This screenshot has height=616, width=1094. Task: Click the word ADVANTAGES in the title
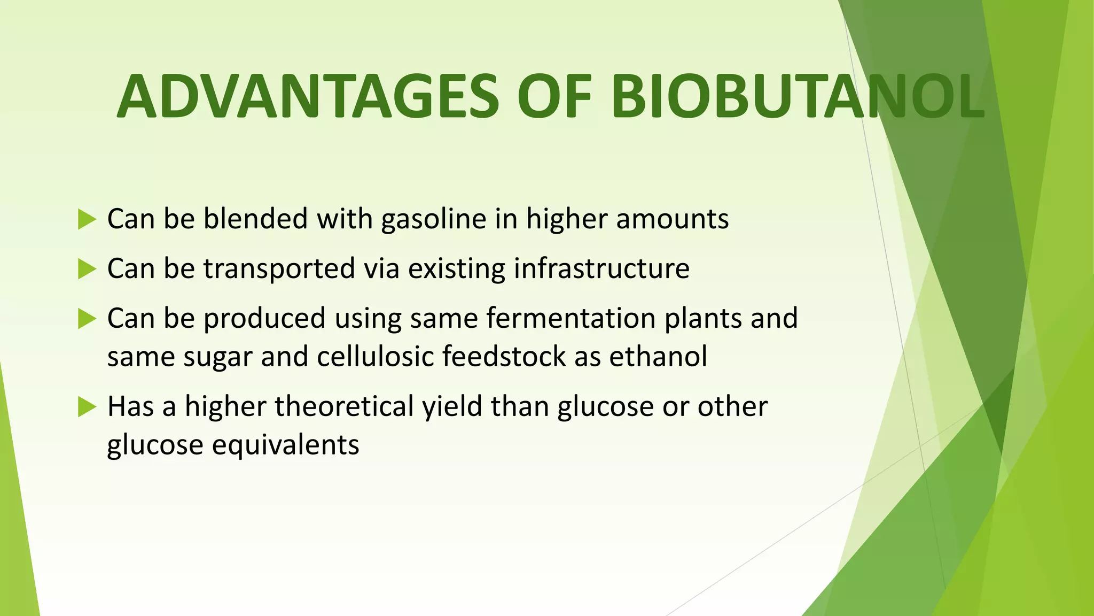(x=307, y=97)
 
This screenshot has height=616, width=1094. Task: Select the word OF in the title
(x=554, y=97)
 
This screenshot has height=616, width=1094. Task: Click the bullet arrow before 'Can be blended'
(x=87, y=219)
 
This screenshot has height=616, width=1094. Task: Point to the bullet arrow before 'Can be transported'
(x=87, y=269)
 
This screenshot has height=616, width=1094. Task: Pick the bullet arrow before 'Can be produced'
(x=87, y=319)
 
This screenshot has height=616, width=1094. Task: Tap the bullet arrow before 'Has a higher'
(x=87, y=407)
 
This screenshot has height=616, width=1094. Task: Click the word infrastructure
(x=601, y=268)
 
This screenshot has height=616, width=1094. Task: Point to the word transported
(x=279, y=268)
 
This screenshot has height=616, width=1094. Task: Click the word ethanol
(x=658, y=357)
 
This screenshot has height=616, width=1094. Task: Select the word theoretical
(x=344, y=406)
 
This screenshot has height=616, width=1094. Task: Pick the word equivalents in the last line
(x=285, y=445)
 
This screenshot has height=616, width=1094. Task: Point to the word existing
(x=456, y=268)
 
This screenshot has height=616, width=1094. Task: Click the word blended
(x=255, y=219)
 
